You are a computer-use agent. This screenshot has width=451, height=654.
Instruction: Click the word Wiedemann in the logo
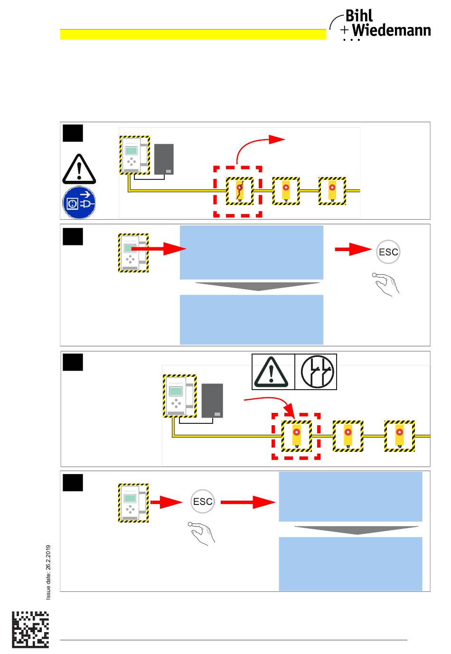click(x=391, y=30)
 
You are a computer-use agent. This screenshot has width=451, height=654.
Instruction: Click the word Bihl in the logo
click(x=359, y=16)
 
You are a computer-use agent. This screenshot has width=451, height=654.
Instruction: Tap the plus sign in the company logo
click(x=345, y=29)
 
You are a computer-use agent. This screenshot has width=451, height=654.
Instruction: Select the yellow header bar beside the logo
click(x=193, y=34)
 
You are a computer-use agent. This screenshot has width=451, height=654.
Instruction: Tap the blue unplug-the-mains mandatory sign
click(x=79, y=202)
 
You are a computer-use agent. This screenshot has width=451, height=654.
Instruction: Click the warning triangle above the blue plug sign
click(x=79, y=169)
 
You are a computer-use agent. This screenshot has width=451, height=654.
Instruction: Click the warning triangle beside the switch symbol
click(x=271, y=372)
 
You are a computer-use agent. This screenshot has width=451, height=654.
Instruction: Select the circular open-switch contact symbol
click(x=317, y=372)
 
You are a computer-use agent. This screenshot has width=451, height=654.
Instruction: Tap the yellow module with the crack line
click(x=240, y=191)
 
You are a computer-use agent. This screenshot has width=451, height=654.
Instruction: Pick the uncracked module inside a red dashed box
click(x=297, y=436)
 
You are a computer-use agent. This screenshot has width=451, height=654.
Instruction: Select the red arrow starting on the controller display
click(x=159, y=249)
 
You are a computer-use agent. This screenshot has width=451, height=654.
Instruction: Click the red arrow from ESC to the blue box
click(x=248, y=502)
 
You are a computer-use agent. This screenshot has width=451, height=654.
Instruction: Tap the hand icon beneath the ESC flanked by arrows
click(x=202, y=533)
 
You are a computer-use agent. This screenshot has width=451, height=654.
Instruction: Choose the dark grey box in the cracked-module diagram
click(x=164, y=159)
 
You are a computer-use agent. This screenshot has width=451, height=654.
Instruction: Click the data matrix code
click(x=30, y=630)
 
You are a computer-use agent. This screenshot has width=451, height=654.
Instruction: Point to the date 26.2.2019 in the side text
click(x=48, y=557)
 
